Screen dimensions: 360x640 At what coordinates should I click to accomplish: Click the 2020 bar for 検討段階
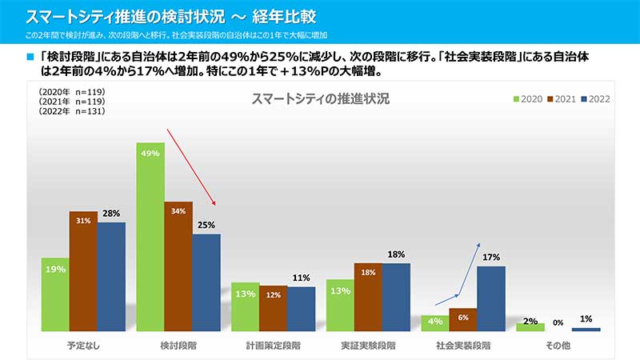(x=150, y=237)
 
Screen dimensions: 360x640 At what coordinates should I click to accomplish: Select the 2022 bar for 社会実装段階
(x=491, y=298)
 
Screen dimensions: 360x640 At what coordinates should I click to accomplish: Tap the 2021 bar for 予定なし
(x=83, y=271)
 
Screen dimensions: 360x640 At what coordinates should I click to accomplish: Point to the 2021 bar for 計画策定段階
(x=273, y=308)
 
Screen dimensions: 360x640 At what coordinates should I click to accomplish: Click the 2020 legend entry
(x=527, y=99)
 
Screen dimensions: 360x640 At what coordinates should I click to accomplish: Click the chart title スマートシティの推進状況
(x=320, y=99)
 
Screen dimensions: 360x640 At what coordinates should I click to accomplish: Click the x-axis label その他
(x=558, y=346)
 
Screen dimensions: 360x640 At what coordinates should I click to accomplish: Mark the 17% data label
(x=491, y=258)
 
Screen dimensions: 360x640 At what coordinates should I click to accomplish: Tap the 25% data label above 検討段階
(x=206, y=226)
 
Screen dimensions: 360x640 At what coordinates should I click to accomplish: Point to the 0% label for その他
(x=558, y=322)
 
